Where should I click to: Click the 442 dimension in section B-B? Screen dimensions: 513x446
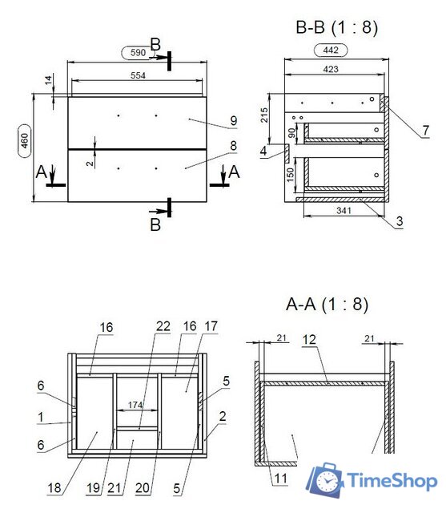pyautogui.click(x=331, y=50)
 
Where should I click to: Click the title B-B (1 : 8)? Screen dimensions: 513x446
pyautogui.click(x=336, y=28)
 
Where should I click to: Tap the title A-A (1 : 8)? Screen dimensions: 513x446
pyautogui.click(x=327, y=305)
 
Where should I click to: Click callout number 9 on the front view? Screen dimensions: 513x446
pyautogui.click(x=233, y=121)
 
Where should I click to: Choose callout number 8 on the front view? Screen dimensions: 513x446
pyautogui.click(x=233, y=146)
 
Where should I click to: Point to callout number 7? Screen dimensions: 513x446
pyautogui.click(x=426, y=129)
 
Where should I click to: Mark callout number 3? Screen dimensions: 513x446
pyautogui.click(x=398, y=220)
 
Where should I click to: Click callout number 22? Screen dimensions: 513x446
pyautogui.click(x=163, y=326)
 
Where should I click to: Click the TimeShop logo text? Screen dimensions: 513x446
pyautogui.click(x=392, y=481)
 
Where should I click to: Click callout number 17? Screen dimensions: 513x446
pyautogui.click(x=211, y=326)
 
